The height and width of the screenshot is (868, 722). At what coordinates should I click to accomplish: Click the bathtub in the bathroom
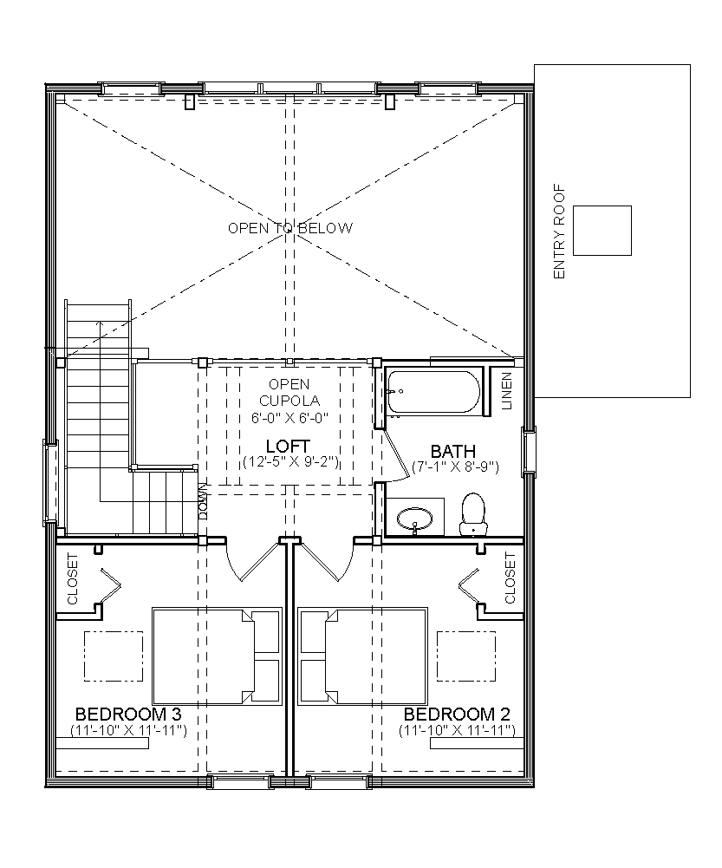coord(433,392)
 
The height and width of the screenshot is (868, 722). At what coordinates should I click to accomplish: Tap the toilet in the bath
coord(473,514)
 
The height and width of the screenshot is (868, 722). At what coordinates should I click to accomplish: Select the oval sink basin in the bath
coord(415,519)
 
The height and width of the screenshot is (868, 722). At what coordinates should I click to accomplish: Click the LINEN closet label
coord(507,391)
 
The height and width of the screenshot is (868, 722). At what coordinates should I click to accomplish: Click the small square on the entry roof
coord(602,231)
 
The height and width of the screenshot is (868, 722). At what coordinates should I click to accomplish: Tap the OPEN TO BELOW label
coord(290,228)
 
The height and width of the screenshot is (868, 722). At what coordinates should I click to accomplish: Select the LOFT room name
coord(288,447)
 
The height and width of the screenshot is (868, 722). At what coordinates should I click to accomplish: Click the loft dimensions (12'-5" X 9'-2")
coord(290,461)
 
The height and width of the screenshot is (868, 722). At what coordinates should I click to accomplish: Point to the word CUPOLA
coord(289,401)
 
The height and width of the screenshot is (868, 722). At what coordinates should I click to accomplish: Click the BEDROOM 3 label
coord(128,715)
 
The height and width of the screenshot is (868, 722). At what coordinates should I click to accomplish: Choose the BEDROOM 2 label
coord(457,715)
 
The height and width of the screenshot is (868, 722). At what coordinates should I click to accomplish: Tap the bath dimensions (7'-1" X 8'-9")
coord(456,467)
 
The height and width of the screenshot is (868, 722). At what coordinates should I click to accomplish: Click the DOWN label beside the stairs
coord(203,501)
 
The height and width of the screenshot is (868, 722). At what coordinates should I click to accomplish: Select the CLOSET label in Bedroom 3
coord(73,578)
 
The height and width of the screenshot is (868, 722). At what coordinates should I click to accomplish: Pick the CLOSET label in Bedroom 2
coord(511,578)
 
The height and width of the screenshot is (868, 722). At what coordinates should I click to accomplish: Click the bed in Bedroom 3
coord(217,656)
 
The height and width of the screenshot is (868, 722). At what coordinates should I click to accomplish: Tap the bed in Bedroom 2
coord(363,656)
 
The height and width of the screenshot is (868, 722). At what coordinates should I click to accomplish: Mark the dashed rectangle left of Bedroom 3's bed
coord(114,656)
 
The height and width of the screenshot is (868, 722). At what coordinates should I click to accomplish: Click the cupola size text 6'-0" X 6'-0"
coord(290,417)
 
